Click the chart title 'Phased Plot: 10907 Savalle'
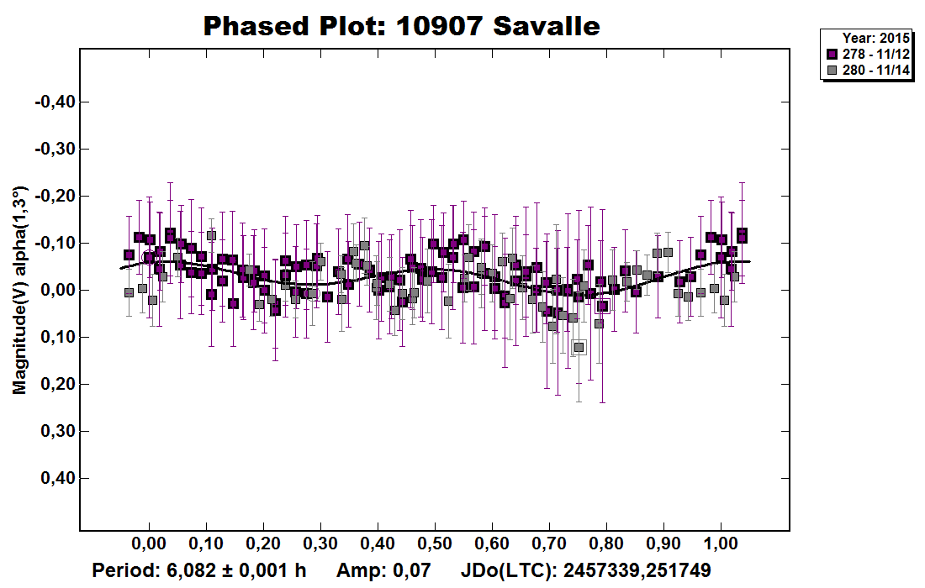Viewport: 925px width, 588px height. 402,25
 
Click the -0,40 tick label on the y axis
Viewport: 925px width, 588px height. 54,102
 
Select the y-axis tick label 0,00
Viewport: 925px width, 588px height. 56,290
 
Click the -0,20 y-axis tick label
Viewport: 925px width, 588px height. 54,196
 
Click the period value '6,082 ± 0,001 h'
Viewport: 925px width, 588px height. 238,570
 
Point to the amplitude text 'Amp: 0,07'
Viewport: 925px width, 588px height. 383,570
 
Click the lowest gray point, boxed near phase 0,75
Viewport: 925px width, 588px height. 579,347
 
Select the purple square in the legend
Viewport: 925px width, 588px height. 832,54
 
